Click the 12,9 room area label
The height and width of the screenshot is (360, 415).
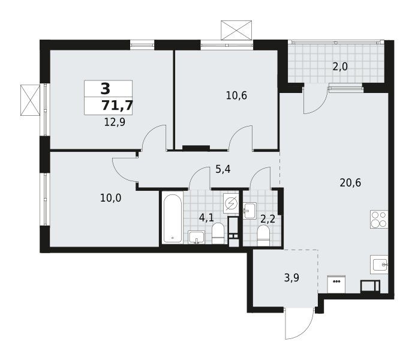pos(115,122)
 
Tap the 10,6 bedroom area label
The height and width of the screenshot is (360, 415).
pos(236,95)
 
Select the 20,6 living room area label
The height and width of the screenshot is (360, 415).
pos(350,182)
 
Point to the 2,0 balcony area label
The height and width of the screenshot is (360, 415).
pos(340,67)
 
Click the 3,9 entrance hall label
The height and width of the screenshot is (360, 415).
pos(291,278)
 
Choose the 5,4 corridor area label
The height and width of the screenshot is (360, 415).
pos(223,169)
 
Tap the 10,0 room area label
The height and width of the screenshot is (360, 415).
pos(110,198)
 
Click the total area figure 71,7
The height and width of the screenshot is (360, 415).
pos(117,106)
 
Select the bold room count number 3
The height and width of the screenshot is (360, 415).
pos(106,89)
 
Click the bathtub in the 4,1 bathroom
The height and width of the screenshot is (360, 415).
pos(172,218)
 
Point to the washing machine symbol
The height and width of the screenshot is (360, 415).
pos(231,203)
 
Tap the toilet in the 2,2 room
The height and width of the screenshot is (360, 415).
pos(263,235)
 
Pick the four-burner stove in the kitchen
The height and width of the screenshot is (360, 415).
pos(379,219)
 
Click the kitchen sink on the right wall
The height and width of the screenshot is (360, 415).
pos(379,265)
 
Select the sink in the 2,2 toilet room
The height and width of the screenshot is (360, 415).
pos(250,211)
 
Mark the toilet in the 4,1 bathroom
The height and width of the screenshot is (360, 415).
pos(218,233)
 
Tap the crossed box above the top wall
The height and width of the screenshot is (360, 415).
pos(236,30)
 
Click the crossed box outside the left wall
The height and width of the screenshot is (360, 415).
pos(30,100)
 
